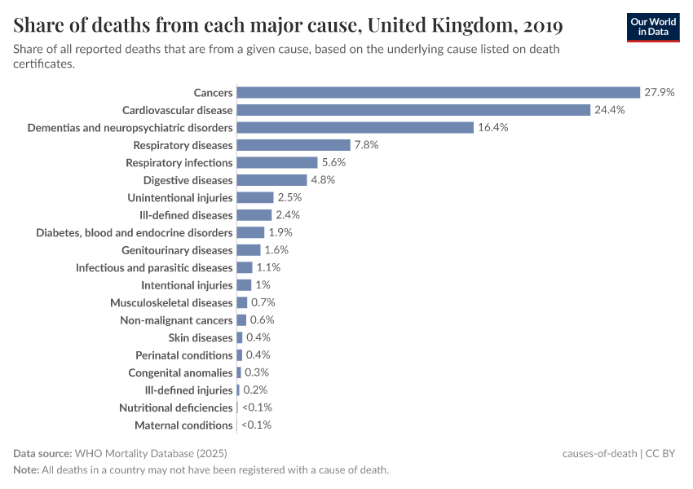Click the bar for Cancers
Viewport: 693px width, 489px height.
pos(438,92)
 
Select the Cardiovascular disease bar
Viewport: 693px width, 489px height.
pos(413,110)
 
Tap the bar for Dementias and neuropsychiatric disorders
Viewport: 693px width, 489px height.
pos(355,127)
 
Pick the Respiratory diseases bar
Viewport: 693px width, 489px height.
pos(294,145)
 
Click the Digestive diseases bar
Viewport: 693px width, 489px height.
pos(271,180)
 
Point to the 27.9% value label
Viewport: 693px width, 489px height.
pos(659,92)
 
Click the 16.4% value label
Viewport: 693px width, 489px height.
pos(493,127)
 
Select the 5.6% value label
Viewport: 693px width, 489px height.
pos(333,162)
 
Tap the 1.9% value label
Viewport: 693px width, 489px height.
pos(280,232)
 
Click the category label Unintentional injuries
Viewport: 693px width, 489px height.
pos(180,197)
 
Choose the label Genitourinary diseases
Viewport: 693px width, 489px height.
pos(177,250)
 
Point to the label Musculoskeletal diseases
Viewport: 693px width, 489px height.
pos(171,302)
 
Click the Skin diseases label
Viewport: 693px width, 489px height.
pos(201,337)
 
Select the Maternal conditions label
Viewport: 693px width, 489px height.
pos(183,425)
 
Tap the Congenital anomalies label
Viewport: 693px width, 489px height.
pos(180,372)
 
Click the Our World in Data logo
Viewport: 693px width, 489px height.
pos(652,26)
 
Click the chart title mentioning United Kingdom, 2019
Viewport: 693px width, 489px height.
pos(288,26)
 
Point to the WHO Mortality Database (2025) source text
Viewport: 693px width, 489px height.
pos(150,453)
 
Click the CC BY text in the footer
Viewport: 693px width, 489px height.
pos(661,453)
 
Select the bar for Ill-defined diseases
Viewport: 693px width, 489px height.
pos(254,215)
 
